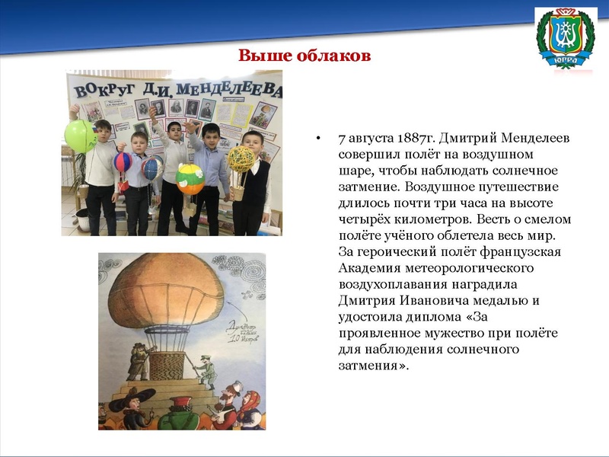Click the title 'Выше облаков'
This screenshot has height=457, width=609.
(304, 56)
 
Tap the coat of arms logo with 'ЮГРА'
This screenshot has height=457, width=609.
(565, 37)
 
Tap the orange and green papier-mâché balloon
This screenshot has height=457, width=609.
(190, 180)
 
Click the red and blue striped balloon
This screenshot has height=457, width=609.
(123, 161)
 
